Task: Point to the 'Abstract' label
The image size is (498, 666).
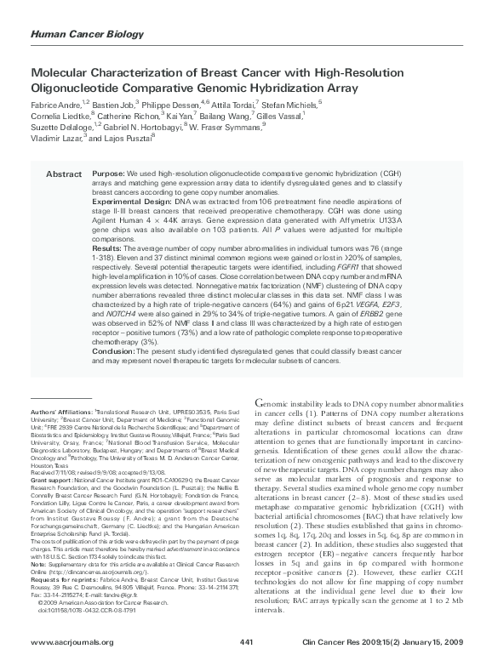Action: pyautogui.click(x=62, y=174)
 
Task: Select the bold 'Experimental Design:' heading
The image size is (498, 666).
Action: pyautogui.click(x=131, y=201)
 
